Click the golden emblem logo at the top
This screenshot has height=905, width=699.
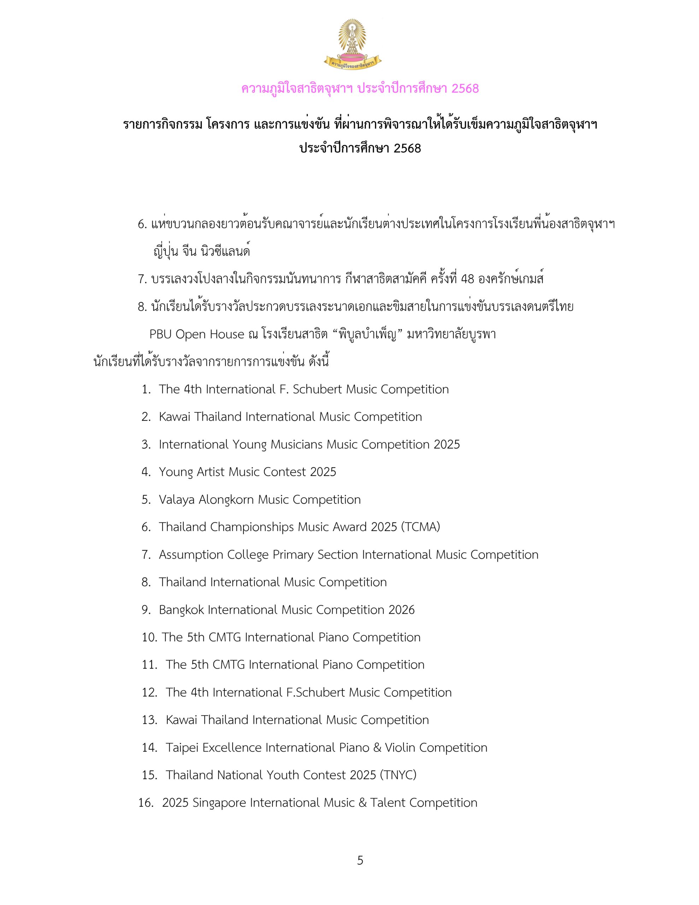coord(352,43)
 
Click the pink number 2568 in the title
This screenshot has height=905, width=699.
coord(465,88)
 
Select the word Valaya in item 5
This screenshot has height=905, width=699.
coord(176,500)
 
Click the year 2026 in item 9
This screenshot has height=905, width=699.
coord(401,610)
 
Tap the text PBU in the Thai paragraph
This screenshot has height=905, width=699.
coord(160,334)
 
